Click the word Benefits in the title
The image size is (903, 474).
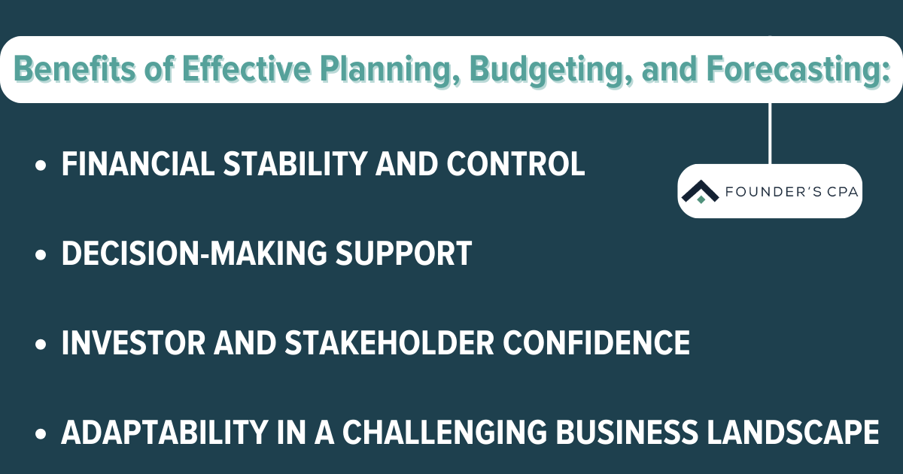coord(75,69)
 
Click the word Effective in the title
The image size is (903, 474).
coord(247,69)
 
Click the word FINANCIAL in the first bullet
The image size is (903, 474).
coord(138,164)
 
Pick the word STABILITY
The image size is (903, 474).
coord(295,164)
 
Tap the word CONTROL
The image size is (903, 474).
coord(515,164)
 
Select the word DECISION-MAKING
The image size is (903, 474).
coord(194,254)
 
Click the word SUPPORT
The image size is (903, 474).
coord(404,254)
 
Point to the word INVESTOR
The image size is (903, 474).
coord(133,343)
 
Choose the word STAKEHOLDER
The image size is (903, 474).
coord(390,343)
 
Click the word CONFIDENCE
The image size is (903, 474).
coord(597,343)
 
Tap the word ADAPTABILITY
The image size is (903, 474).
coord(165,433)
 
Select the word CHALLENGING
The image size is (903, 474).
coord(445,433)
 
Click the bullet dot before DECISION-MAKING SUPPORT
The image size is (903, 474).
coord(41,255)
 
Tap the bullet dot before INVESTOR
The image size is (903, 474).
coord(41,345)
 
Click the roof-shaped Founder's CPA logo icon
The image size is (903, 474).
coord(701,191)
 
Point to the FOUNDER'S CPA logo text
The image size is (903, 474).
coord(792,192)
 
